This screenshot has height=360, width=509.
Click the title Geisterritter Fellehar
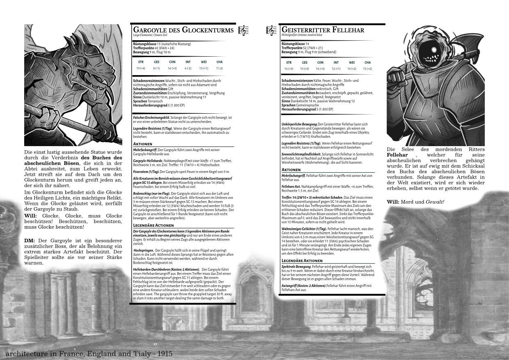[323, 30]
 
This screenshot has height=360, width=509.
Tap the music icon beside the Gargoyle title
[243, 30]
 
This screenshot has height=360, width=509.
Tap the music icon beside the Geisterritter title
[271, 30]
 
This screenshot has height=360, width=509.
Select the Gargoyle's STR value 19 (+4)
[141, 68]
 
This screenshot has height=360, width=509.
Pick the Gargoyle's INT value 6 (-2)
[188, 68]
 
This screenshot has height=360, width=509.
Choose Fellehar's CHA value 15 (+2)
[367, 69]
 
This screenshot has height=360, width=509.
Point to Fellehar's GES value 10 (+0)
[304, 69]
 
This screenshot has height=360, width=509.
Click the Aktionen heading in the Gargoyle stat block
[143, 144]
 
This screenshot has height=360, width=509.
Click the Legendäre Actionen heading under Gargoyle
[154, 225]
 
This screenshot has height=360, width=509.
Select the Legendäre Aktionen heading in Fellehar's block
[302, 260]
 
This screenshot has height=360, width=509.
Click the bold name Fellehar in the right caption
[397, 155]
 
